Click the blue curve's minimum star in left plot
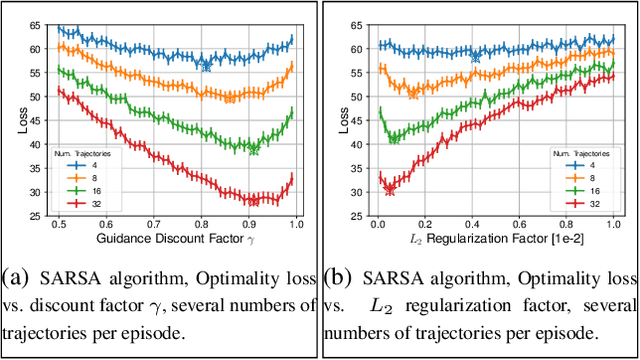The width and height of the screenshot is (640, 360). click(206, 66)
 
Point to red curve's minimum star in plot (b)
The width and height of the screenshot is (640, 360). click(389, 190)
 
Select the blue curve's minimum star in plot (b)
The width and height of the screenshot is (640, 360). click(476, 57)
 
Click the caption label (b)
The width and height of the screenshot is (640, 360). click(341, 276)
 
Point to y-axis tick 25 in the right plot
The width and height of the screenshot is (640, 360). click(356, 215)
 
